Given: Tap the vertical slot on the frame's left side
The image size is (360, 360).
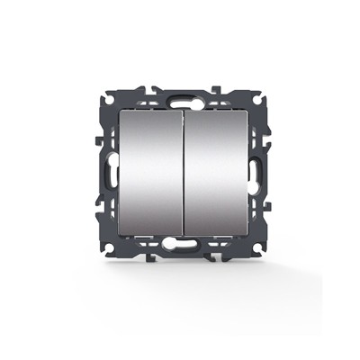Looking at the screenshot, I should pos(110,172).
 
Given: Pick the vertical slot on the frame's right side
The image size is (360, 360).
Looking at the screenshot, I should pos(252,172).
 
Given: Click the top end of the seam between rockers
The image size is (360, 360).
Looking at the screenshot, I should pos(181,113).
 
